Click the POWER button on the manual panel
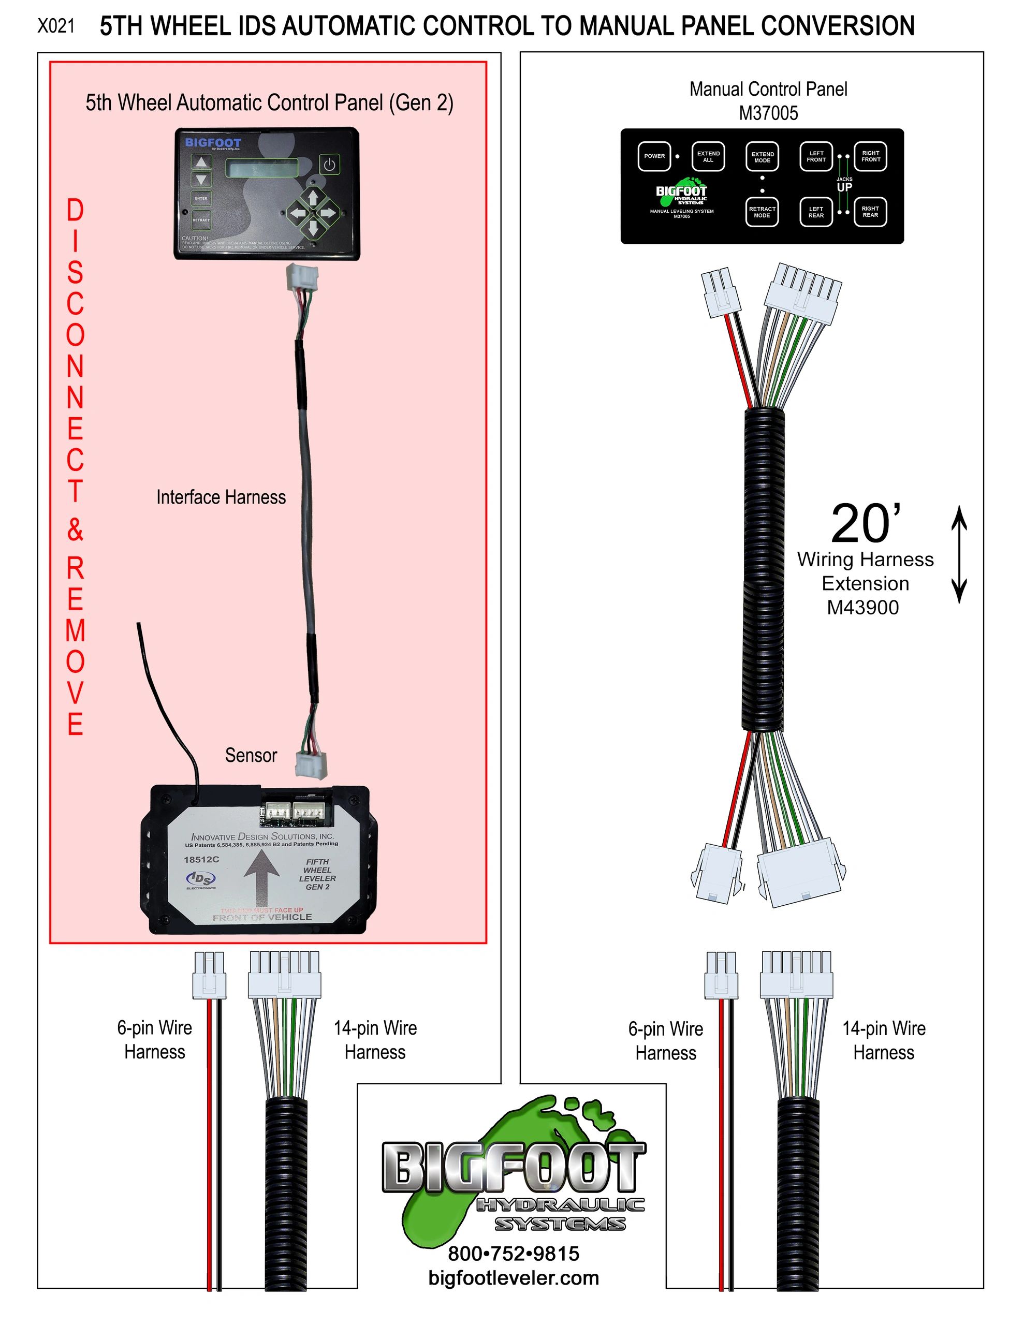point(654,156)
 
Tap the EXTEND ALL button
point(708,156)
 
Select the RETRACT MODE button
point(762,212)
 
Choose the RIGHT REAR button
point(870,211)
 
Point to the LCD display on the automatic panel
point(262,168)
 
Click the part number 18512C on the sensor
point(201,860)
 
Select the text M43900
point(862,607)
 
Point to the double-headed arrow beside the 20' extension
point(958,554)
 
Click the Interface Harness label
point(221,497)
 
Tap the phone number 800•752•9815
point(514,1254)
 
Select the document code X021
point(56,26)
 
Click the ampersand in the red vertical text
point(75,529)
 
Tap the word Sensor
point(251,755)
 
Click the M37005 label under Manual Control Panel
point(768,113)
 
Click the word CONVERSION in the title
point(838,26)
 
